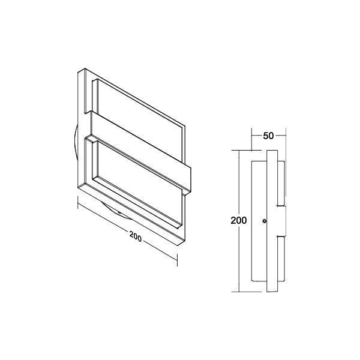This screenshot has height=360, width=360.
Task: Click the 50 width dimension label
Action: [268, 136]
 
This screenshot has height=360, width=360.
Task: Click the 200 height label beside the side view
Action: [239, 220]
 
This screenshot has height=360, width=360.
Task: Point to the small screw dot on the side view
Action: [265, 221]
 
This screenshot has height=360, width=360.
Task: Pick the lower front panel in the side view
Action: [281, 265]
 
